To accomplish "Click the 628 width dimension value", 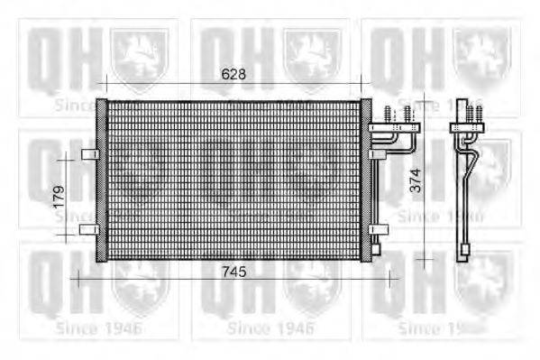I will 233,75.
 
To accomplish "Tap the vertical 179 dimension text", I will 59,196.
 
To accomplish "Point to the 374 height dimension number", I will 415,184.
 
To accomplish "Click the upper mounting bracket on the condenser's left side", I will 89,154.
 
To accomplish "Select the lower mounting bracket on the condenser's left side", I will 89,229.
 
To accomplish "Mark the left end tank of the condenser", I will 102,180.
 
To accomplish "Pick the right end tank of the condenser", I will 366,180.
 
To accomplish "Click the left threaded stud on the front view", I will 389,115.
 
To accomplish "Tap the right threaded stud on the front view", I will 407,115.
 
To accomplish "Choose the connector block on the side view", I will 467,127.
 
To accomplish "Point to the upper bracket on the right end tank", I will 378,154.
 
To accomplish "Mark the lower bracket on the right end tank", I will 378,229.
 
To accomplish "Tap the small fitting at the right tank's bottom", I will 376,248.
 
